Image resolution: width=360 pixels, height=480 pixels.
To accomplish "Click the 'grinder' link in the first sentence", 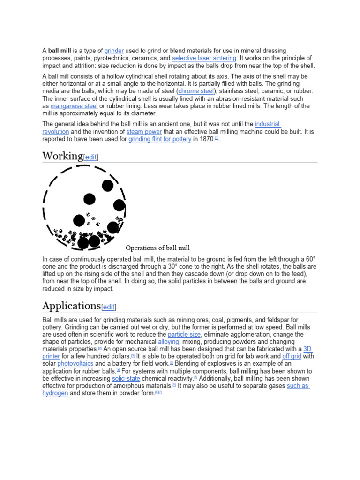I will click(x=114, y=51).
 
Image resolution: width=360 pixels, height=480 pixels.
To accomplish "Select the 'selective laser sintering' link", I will click(x=204, y=58).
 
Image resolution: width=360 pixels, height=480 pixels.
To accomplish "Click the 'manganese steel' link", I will click(x=74, y=106).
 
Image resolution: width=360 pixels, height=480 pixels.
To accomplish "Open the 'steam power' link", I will click(x=144, y=132).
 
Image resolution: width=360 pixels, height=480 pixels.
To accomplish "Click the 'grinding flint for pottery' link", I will click(x=160, y=139).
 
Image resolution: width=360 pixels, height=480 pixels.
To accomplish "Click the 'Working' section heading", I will click(x=62, y=156).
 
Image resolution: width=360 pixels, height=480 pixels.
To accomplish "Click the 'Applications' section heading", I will click(x=71, y=306).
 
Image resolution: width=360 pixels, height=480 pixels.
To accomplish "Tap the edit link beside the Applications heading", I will click(x=109, y=307).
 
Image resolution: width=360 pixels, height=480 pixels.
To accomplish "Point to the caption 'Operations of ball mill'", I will click(x=157, y=248).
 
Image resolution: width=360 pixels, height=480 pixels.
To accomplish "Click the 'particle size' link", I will click(x=184, y=334).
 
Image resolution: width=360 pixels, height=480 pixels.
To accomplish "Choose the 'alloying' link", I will click(x=168, y=342).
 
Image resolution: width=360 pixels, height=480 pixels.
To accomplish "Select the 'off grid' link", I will click(x=292, y=356).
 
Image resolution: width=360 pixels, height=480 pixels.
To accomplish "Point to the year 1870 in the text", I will click(x=207, y=139).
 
